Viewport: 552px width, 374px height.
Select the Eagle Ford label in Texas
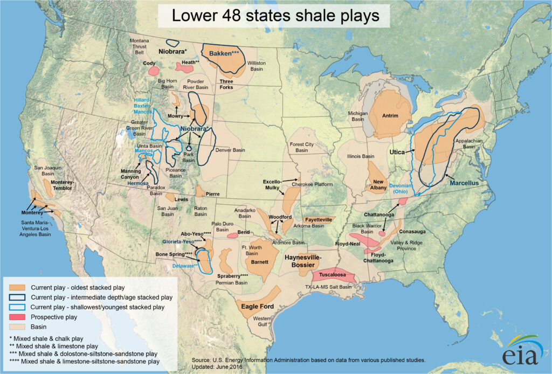coord(257,307)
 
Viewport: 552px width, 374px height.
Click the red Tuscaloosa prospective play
coord(339,275)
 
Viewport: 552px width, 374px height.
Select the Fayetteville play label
coord(318,220)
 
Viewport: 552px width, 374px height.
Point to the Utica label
coord(398,153)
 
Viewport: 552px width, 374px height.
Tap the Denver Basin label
coord(230,150)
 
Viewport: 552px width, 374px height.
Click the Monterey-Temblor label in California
coord(64,185)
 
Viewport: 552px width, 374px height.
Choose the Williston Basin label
coord(257,66)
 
